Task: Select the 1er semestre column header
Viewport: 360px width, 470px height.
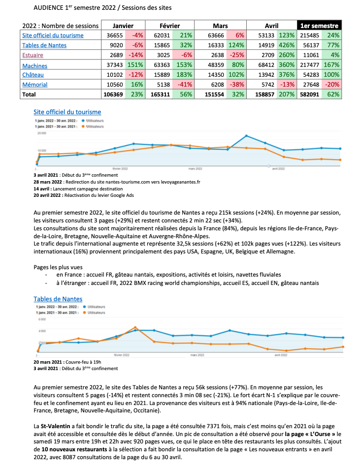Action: [x=320, y=26]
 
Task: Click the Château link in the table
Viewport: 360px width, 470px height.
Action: [x=33, y=74]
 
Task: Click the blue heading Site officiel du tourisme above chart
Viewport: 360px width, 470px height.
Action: [x=67, y=112]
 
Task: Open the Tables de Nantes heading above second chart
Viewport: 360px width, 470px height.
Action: [x=58, y=299]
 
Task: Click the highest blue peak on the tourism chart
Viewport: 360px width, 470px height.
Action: [x=246, y=135]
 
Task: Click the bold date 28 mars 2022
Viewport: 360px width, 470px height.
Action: [x=48, y=182]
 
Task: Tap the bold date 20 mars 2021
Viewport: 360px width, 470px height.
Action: [x=48, y=361]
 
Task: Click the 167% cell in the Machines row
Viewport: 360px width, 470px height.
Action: [x=333, y=64]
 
